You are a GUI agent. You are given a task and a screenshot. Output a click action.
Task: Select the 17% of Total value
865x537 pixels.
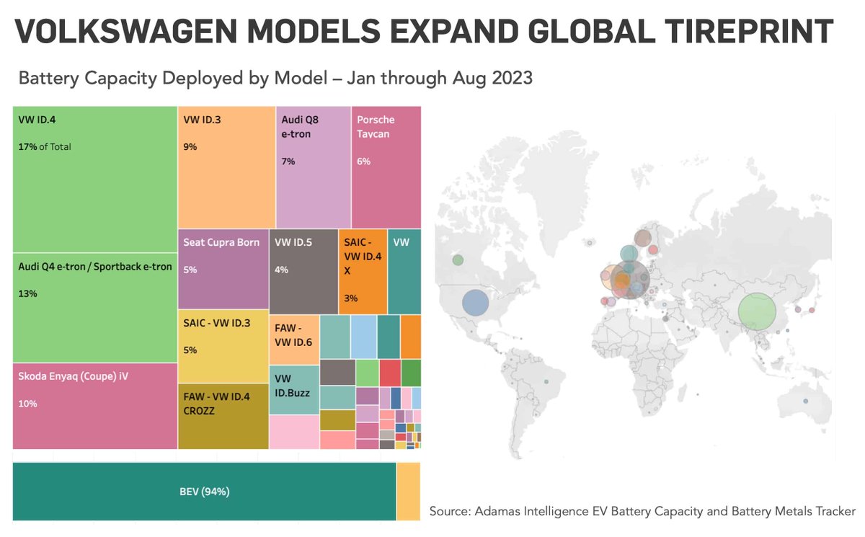coord(45,147)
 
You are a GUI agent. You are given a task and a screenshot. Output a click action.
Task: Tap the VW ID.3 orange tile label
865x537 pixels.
coord(202,120)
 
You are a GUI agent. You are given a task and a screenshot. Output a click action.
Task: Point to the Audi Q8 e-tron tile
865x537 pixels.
coord(313,166)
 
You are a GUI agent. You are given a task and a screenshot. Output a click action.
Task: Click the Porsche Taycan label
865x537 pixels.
coord(376,127)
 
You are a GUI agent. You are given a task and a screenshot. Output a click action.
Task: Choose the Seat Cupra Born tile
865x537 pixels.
coord(221,243)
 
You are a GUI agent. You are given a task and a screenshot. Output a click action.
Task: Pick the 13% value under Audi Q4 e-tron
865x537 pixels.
coord(27,294)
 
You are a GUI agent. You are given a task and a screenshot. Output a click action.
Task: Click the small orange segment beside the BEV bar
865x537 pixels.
coord(408,492)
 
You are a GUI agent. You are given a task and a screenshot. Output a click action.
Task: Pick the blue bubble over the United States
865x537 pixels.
coord(475,303)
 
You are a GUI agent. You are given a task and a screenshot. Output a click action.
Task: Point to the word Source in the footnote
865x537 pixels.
coord(448,511)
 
